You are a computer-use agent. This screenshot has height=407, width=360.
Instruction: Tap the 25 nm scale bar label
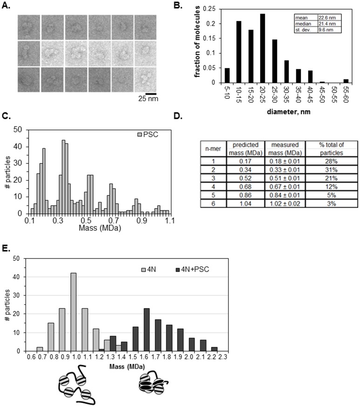(x=148, y=99)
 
